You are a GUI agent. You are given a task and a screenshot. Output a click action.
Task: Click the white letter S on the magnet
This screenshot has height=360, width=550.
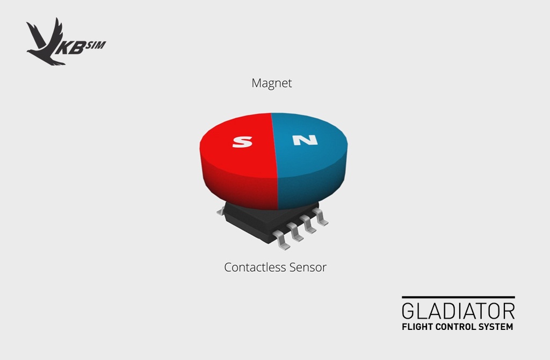tap(242, 142)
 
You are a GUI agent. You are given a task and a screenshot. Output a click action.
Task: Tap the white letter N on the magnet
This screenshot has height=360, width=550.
tap(305, 140)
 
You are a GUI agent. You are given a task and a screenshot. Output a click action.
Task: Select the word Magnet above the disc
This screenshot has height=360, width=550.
tap(272, 83)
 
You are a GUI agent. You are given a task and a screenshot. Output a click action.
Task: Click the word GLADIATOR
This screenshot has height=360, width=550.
tap(459, 311)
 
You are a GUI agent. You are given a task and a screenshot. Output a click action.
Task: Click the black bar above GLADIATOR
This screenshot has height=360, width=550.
tap(459, 297)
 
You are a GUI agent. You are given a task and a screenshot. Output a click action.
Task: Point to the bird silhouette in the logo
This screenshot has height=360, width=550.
tap(46, 42)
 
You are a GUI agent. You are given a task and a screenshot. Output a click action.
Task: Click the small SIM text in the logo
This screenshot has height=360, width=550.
tap(96, 45)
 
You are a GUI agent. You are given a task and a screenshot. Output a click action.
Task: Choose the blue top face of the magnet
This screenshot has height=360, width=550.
tap(309, 140)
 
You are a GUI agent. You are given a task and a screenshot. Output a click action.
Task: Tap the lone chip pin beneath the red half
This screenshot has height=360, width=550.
tap(221, 211)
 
